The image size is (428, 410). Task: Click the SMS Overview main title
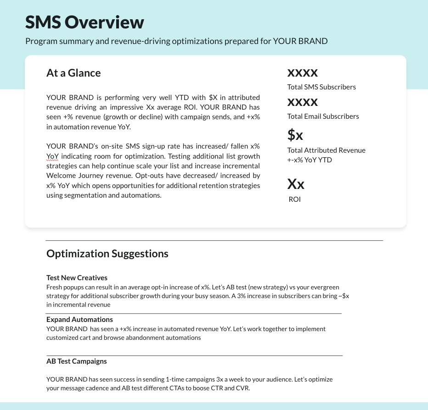pyautogui.click(x=84, y=22)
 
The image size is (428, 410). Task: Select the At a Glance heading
pyautogui.click(x=73, y=73)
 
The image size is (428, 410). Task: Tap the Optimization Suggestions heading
pyautogui.click(x=107, y=254)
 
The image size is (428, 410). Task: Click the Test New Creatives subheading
pyautogui.click(x=77, y=278)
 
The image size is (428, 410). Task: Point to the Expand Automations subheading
pyautogui.click(x=79, y=320)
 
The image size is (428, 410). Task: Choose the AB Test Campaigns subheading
pyautogui.click(x=76, y=361)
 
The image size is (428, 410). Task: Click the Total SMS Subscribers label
pyautogui.click(x=321, y=87)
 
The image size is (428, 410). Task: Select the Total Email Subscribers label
pyautogui.click(x=323, y=116)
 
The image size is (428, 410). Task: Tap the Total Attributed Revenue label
pyautogui.click(x=326, y=150)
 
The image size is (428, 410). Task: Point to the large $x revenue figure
pyautogui.click(x=295, y=135)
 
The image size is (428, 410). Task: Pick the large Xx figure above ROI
pyautogui.click(x=296, y=184)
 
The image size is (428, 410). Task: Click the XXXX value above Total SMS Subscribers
pyautogui.click(x=302, y=72)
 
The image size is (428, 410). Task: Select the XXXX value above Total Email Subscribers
pyautogui.click(x=302, y=101)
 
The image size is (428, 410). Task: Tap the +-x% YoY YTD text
pyautogui.click(x=310, y=160)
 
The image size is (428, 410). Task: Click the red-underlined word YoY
pyautogui.click(x=52, y=156)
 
